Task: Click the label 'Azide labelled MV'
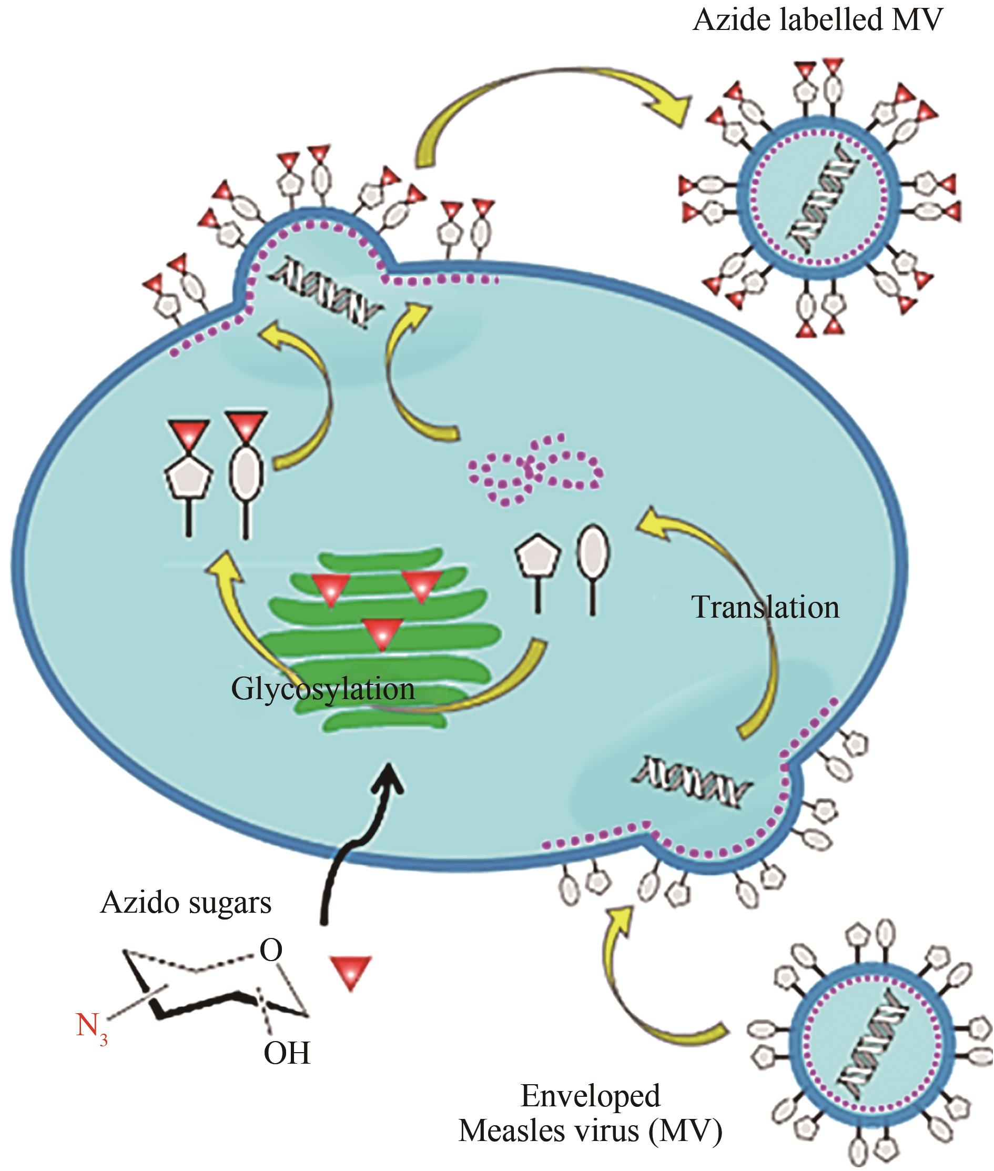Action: [818, 21]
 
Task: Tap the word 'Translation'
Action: [765, 608]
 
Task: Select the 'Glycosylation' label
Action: [323, 689]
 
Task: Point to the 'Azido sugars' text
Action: [186, 903]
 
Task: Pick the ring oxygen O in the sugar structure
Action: [270, 951]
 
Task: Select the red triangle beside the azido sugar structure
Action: [350, 972]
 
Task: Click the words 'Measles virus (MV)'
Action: [590, 1130]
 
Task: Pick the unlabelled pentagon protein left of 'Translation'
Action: [536, 559]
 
